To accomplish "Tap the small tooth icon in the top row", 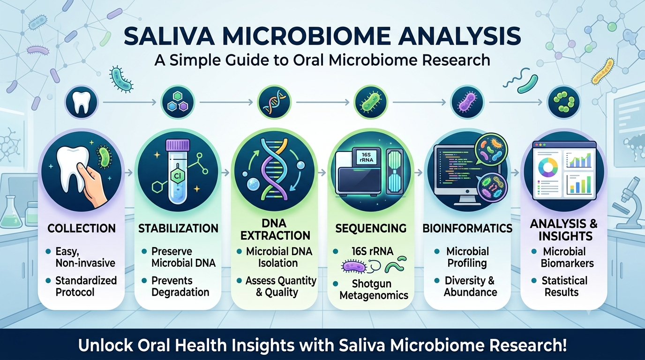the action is [x=82, y=102].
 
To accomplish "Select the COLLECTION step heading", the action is [x=82, y=228].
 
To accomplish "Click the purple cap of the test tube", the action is [x=178, y=145].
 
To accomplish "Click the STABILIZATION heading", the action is [x=178, y=228].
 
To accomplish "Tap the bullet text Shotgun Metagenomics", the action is [x=374, y=289].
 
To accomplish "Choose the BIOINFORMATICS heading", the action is [x=467, y=228].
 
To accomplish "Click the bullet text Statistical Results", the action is [x=564, y=286].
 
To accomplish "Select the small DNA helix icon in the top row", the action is [x=274, y=102].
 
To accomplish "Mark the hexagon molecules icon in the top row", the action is [x=179, y=102].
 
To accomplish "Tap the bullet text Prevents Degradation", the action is [x=180, y=286].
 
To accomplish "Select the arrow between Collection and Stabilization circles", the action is [x=129, y=173].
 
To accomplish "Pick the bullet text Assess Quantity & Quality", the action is [x=281, y=286].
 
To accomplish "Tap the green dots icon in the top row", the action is [x=564, y=102].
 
